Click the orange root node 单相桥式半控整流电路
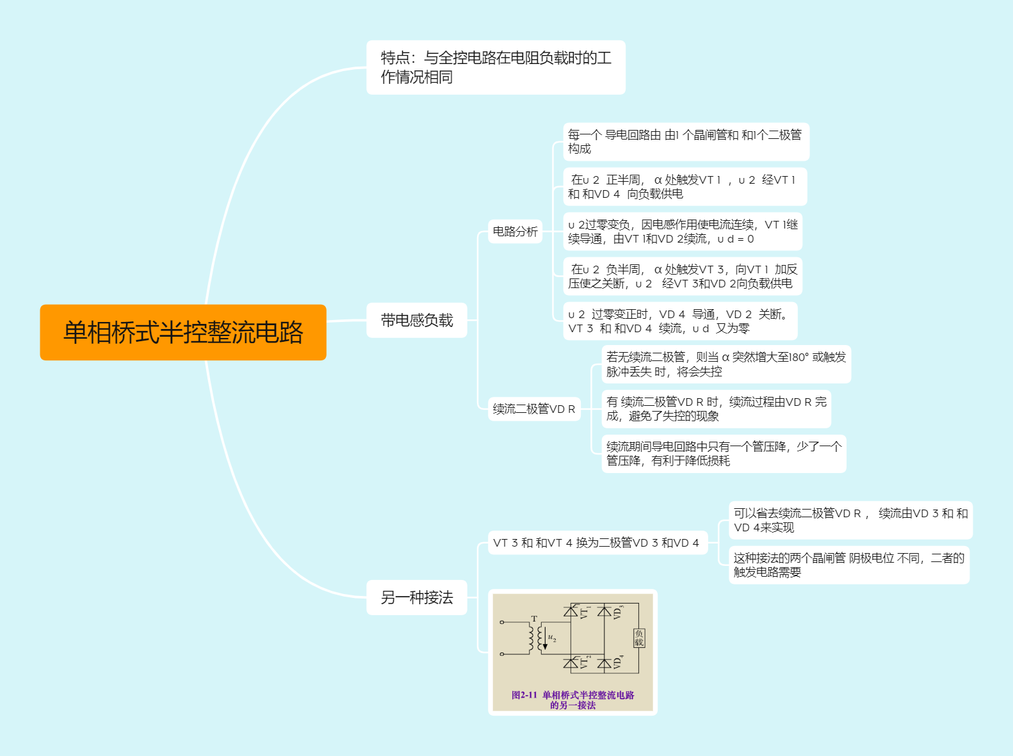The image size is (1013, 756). [182, 332]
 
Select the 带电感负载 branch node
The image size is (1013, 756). [417, 320]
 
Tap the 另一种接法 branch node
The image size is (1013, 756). [417, 597]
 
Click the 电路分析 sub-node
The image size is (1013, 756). [515, 231]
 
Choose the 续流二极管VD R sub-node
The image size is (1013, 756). [534, 408]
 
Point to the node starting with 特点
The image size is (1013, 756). [496, 67]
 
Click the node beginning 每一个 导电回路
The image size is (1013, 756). [686, 141]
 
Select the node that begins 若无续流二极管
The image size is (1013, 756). [726, 364]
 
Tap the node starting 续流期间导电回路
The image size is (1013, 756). [724, 453]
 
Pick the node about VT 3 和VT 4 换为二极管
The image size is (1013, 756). [597, 542]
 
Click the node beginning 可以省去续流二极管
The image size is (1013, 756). [850, 520]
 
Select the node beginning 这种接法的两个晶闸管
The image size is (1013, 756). [848, 565]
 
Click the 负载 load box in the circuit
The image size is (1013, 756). [638, 638]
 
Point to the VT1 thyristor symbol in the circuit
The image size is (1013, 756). [571, 611]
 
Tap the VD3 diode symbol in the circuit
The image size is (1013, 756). [604, 611]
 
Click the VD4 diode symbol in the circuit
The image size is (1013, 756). [604, 663]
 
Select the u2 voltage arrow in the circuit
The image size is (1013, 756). [545, 638]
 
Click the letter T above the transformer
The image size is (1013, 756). [535, 618]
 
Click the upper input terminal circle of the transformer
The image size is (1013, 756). [501, 622]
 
